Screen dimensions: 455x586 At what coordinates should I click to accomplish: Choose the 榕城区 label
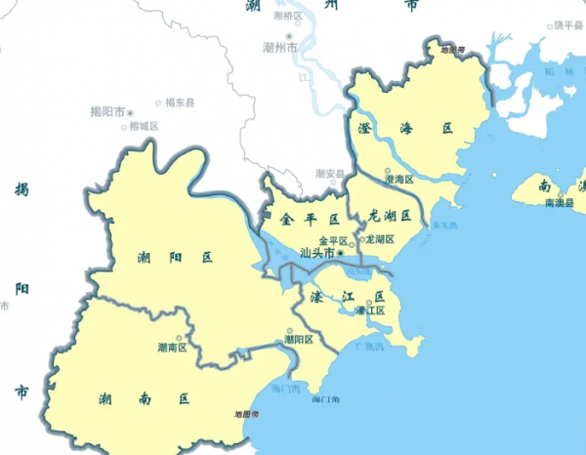(143, 126)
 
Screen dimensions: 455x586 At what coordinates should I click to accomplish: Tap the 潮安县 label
(329, 174)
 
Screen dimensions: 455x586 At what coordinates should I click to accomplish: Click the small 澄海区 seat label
(400, 180)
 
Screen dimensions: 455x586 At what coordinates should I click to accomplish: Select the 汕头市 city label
(317, 253)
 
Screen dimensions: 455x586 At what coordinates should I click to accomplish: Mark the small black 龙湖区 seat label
(379, 239)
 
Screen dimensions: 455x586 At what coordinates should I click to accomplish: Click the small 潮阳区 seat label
(298, 340)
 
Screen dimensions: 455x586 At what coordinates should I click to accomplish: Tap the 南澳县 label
(560, 202)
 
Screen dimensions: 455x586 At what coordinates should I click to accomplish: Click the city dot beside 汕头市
(341, 253)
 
